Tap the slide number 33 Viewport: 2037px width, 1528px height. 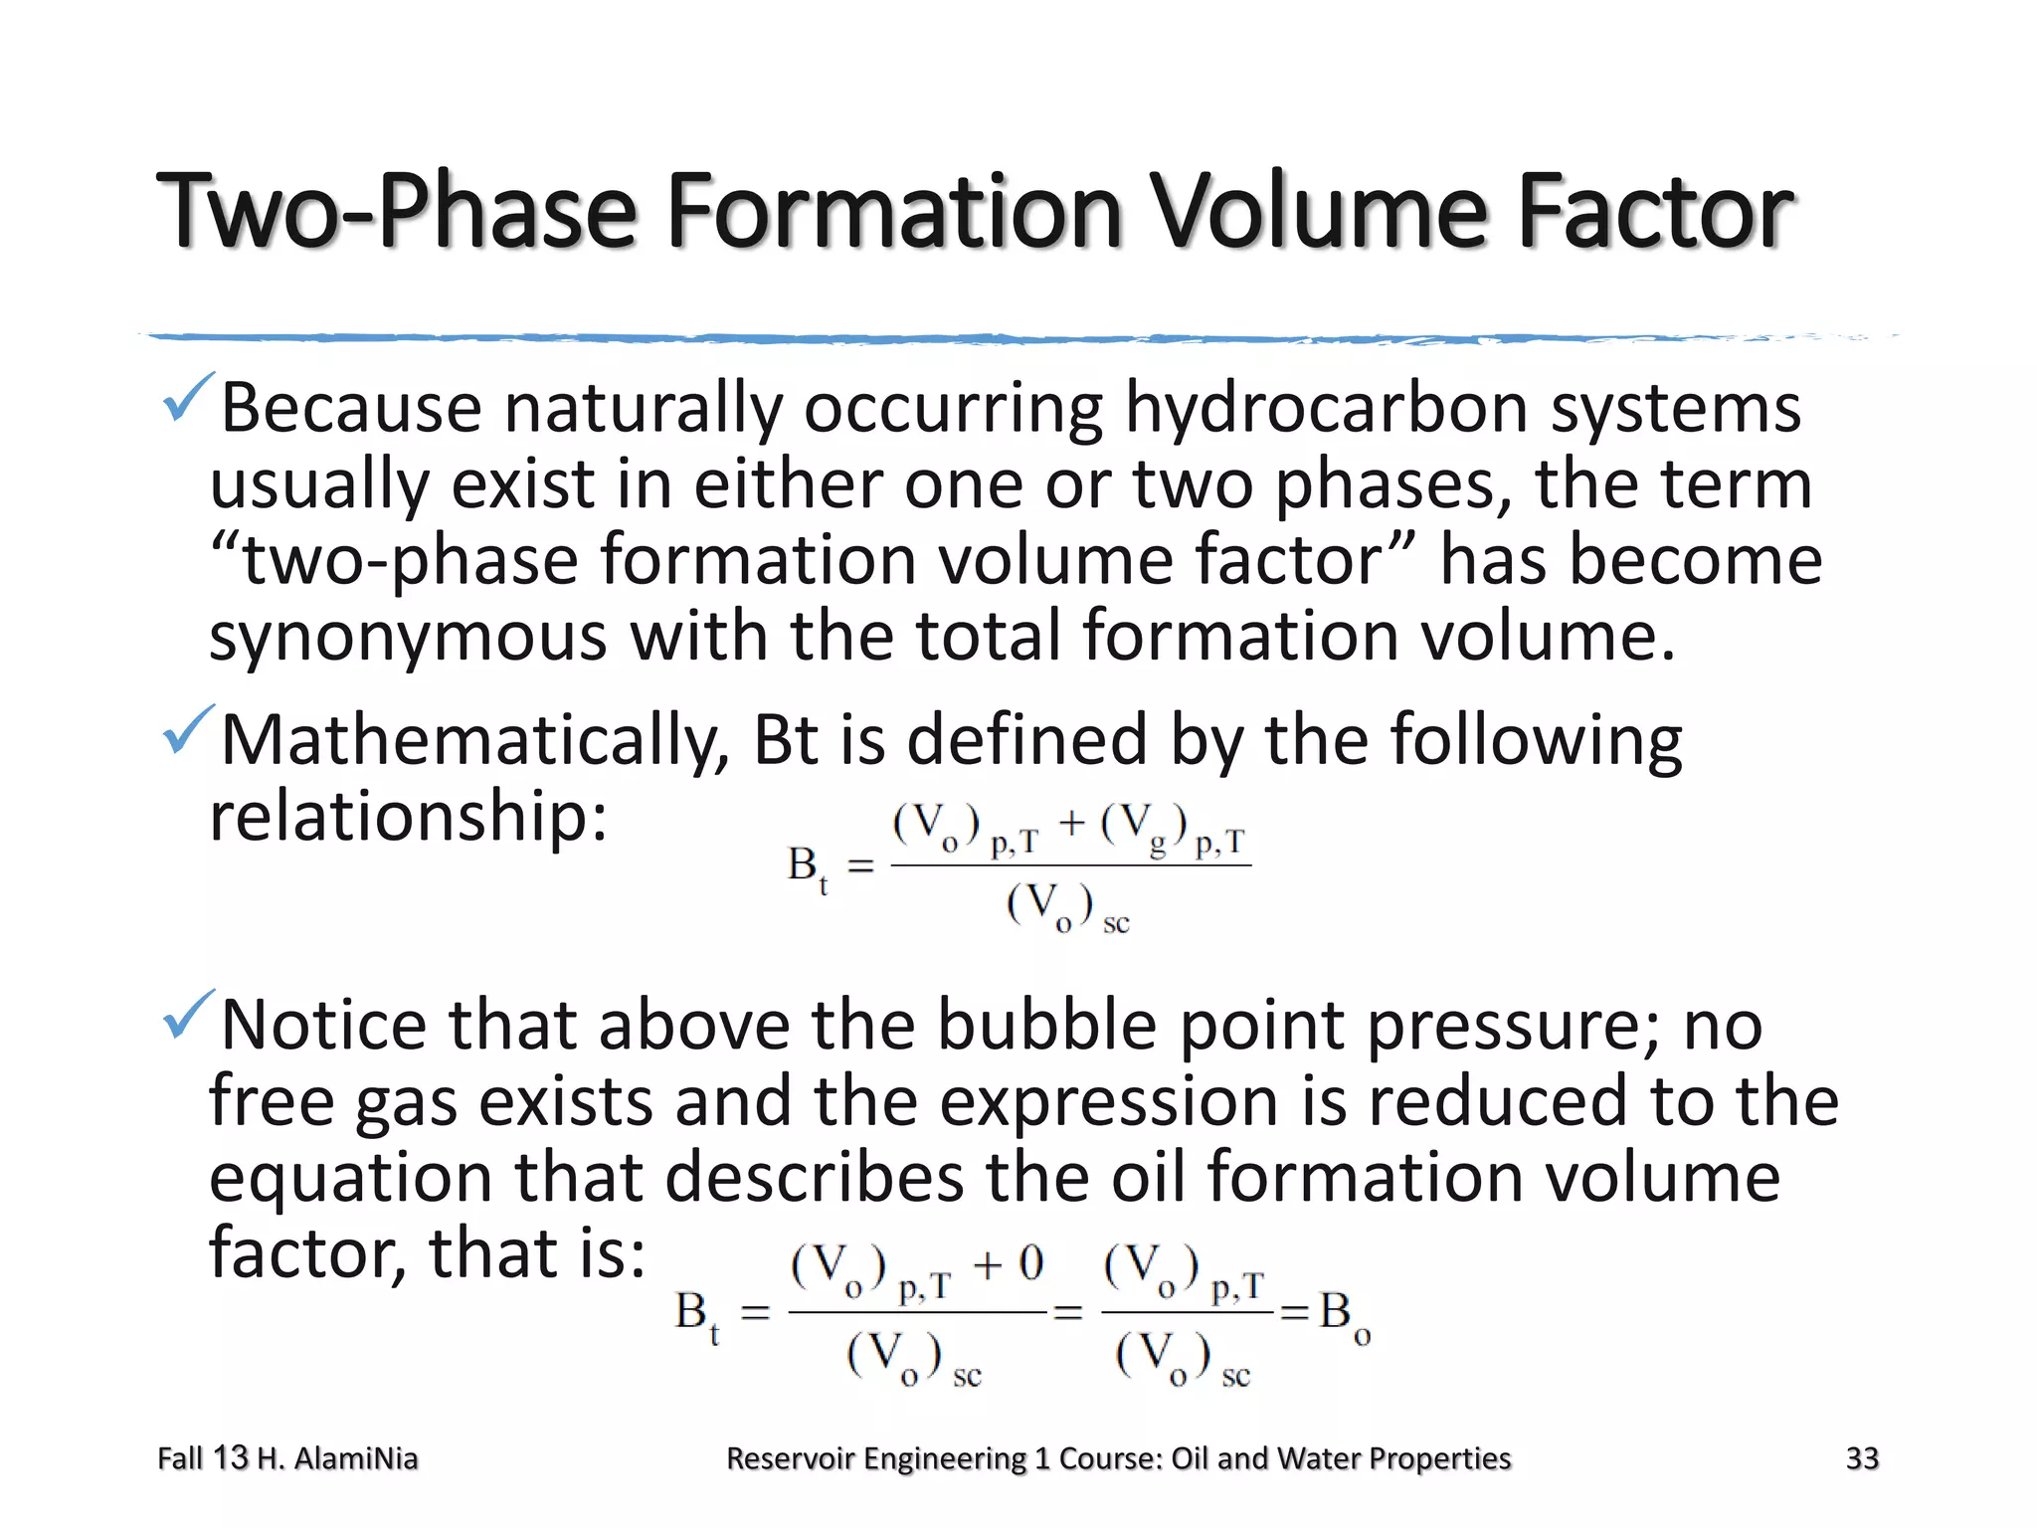click(1862, 1458)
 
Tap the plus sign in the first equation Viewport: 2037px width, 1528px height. click(1071, 824)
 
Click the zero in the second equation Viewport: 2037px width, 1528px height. click(1030, 1264)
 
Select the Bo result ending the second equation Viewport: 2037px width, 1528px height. click(1344, 1315)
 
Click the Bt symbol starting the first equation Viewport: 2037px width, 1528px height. click(807, 867)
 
